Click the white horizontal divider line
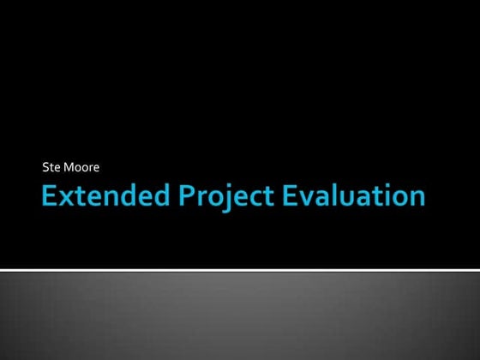click(240, 270)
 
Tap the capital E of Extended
click(51, 196)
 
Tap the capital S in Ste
click(45, 165)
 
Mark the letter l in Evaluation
click(333, 196)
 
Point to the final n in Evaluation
click(415, 199)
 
